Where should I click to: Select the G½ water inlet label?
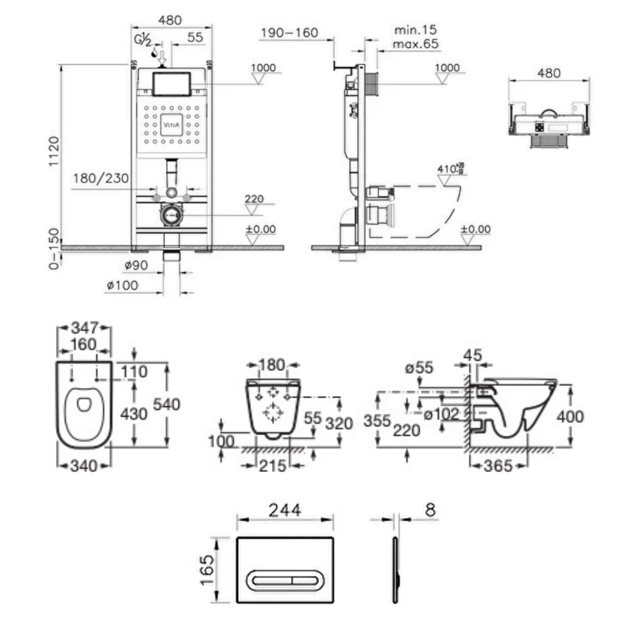[x=142, y=39]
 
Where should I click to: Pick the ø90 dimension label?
[x=136, y=264]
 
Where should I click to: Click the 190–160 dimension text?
[x=289, y=32]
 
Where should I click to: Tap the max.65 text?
[x=417, y=43]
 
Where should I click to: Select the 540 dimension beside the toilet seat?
[x=166, y=404]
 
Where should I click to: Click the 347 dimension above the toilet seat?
[x=84, y=328]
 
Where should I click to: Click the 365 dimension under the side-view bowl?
[x=497, y=466]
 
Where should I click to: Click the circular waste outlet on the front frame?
[x=171, y=215]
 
